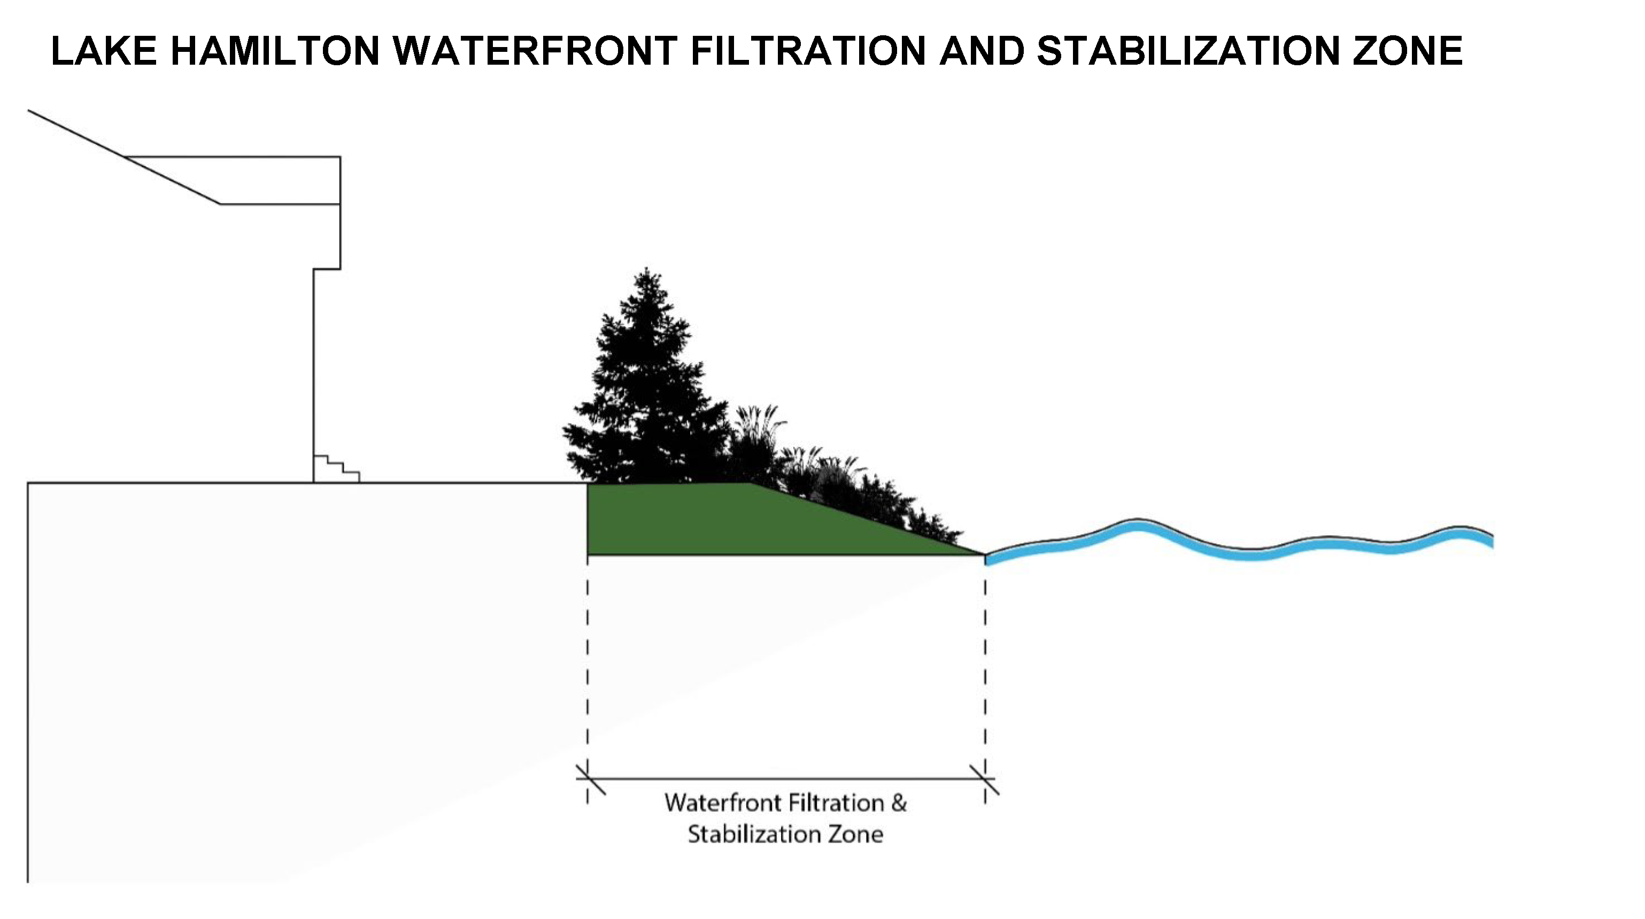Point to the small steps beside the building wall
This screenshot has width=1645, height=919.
tap(336, 469)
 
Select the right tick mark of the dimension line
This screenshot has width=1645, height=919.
tap(985, 779)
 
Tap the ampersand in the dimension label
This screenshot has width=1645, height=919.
tap(899, 804)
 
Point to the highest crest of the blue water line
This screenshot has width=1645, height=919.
tap(1137, 524)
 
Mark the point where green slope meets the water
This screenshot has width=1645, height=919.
tap(985, 555)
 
